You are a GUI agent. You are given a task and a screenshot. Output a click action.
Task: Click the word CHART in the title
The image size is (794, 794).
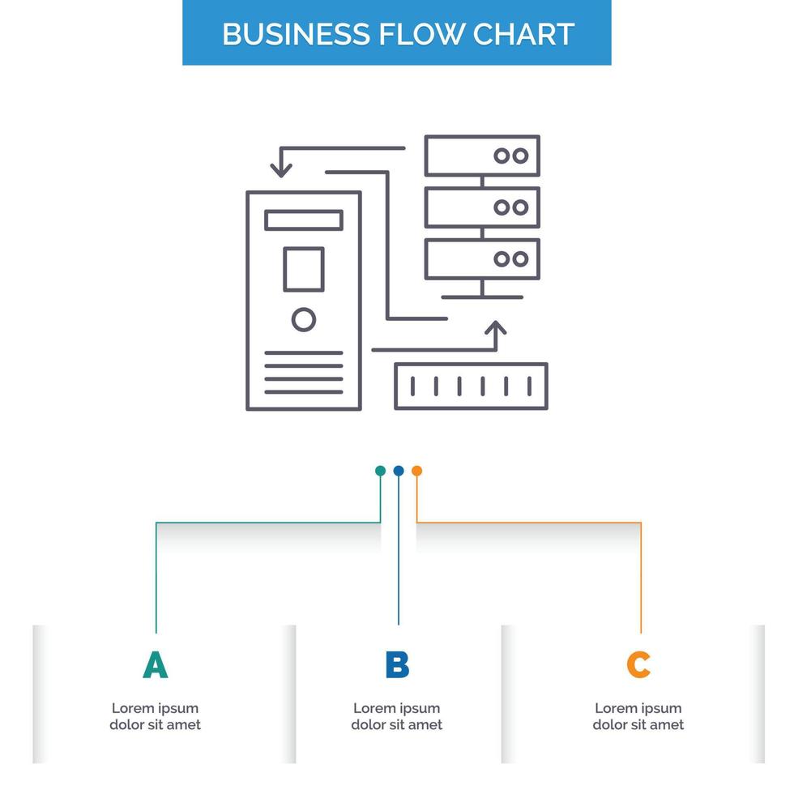tap(524, 34)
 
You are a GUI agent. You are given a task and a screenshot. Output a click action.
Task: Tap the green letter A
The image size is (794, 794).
tap(155, 664)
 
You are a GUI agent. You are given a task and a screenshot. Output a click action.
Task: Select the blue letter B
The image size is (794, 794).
tap(397, 664)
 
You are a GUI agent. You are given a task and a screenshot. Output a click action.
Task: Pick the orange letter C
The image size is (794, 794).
tap(638, 664)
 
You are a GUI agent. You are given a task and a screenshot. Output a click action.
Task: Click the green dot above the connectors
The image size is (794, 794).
tap(380, 471)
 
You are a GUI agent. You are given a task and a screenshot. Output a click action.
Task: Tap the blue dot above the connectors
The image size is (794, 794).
tap(399, 471)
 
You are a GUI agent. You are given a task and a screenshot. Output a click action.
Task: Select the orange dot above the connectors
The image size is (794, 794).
tap(416, 471)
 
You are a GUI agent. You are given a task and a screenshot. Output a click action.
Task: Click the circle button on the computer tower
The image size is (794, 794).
tap(304, 320)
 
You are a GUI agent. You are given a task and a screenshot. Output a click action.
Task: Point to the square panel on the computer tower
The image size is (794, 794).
tap(304, 269)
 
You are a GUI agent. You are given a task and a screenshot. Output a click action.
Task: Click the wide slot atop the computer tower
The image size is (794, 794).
tap(304, 220)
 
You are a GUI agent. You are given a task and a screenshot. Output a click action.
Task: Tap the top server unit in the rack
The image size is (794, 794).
tap(482, 156)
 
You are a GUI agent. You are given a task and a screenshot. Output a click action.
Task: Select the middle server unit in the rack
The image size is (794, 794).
tap(482, 207)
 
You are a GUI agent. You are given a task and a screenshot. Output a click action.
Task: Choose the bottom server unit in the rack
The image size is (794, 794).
tap(482, 259)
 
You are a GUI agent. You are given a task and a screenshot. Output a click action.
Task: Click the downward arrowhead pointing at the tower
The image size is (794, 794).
tap(281, 169)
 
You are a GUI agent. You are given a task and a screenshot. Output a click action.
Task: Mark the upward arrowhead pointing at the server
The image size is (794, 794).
tap(495, 329)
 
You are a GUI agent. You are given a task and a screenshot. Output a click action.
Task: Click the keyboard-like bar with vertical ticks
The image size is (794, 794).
tap(471, 386)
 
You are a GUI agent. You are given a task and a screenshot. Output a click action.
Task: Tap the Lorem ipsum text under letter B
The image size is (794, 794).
tap(397, 716)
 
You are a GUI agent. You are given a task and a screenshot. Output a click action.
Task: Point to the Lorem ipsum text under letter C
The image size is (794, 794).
tap(638, 716)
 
